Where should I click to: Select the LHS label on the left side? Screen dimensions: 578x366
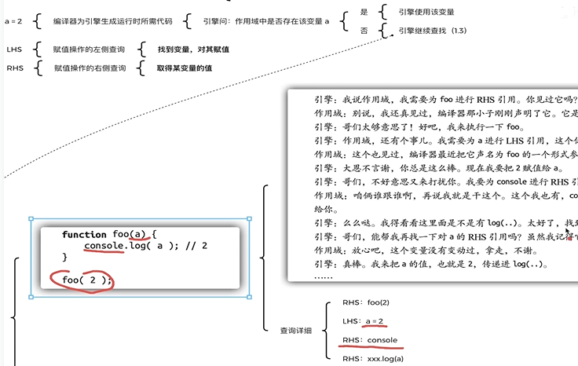[14, 49]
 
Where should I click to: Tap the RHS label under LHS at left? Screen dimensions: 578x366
[14, 68]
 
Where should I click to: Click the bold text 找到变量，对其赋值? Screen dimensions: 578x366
[192, 49]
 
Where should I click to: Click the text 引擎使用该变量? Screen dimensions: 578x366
[426, 13]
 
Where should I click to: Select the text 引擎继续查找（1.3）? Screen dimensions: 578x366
[433, 31]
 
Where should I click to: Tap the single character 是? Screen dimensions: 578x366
[364, 13]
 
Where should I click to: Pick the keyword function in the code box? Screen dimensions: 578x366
[85, 234]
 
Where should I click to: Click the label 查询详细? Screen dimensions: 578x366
[296, 331]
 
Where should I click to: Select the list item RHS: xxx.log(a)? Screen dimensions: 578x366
[373, 359]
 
